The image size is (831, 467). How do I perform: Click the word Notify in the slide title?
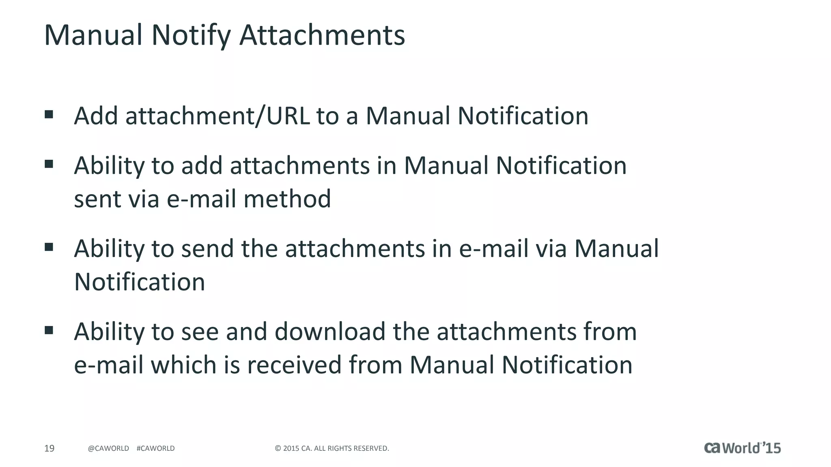pos(191,35)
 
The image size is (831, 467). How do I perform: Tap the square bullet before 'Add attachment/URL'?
pos(49,114)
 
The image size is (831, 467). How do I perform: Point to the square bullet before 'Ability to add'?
pos(49,164)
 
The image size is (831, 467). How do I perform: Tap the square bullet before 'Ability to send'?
pos(49,247)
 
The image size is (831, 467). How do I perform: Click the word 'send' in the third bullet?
pos(207,248)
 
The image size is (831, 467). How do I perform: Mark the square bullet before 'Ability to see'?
pos(49,330)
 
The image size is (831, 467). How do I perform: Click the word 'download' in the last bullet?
pos(330,332)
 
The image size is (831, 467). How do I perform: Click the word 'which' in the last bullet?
pos(184,365)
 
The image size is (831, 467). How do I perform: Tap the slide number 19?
pos(49,448)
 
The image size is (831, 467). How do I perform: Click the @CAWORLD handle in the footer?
pos(108,448)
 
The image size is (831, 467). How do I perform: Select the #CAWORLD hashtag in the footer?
pos(156,448)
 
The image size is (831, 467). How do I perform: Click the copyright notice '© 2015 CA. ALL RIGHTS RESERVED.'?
pos(332,448)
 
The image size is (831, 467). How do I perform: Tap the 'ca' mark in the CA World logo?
pos(713,448)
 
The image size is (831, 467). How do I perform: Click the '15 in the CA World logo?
pos(770,448)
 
